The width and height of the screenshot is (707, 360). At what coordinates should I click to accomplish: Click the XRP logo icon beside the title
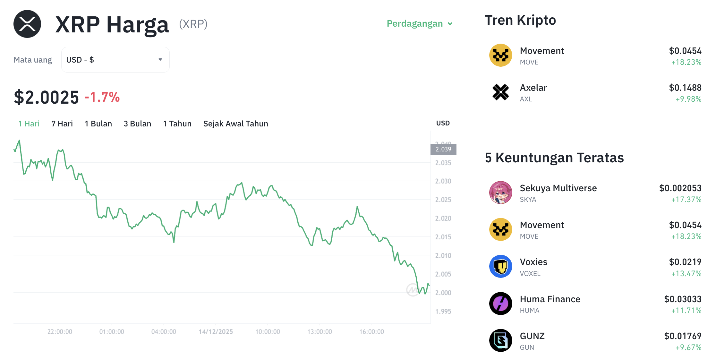(x=27, y=24)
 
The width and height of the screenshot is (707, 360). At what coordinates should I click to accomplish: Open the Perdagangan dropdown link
(x=419, y=24)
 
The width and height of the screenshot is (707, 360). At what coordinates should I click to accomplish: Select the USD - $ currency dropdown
(x=115, y=60)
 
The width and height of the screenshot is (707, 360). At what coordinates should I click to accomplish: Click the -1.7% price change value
(x=102, y=97)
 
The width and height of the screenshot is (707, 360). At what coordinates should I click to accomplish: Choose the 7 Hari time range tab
(x=62, y=124)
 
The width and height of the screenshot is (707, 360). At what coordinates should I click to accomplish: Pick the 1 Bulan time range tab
(x=98, y=124)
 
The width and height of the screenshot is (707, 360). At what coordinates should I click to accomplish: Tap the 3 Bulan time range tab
(x=137, y=124)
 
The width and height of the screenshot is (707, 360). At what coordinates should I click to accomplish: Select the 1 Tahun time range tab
(x=177, y=124)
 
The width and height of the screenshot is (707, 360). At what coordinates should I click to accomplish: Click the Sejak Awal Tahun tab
(x=235, y=124)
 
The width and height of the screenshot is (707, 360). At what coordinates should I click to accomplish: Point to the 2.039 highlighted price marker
(x=443, y=149)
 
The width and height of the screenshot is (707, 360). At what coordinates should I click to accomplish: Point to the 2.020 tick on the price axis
(x=443, y=219)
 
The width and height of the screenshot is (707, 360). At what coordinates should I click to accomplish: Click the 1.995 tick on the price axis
(x=443, y=312)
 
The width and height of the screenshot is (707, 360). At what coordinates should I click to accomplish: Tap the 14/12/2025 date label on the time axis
(x=216, y=332)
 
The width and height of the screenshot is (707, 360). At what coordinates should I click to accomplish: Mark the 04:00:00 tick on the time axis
(x=164, y=332)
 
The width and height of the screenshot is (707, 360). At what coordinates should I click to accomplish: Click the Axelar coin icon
(x=500, y=92)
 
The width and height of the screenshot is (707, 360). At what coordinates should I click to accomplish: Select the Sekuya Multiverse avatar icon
(x=500, y=193)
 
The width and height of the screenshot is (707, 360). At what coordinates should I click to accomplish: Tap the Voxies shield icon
(x=500, y=266)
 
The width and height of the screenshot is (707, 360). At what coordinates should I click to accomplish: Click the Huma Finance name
(x=550, y=299)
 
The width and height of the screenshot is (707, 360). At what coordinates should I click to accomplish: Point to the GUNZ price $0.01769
(x=682, y=336)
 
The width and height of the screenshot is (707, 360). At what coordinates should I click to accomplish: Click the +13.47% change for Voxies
(x=686, y=274)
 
